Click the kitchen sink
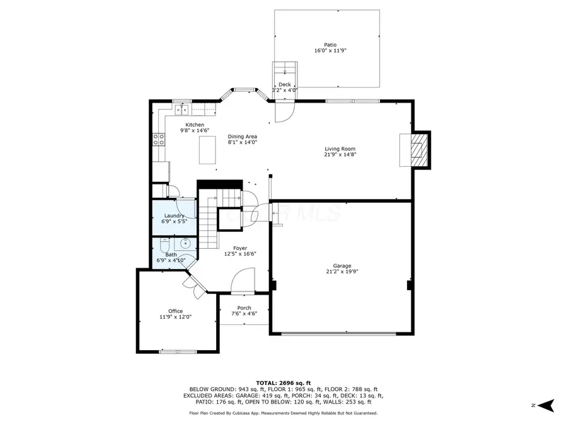pos(182,110)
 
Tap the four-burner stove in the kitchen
pos(158,139)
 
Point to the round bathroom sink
pos(186,244)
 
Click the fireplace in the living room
pos(416,150)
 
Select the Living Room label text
pos(340,149)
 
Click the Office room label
pos(175,311)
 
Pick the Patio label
pos(330,45)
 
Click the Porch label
pos(244,308)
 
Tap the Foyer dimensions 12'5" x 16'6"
pos(240,254)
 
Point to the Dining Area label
pos(242,137)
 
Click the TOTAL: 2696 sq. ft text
pos(283,383)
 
